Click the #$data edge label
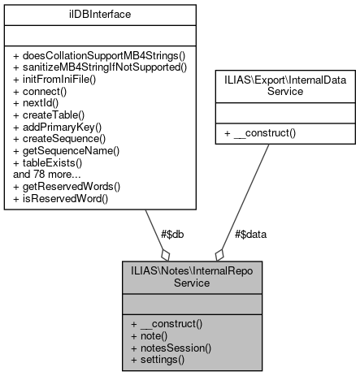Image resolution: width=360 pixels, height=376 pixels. click(x=249, y=233)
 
